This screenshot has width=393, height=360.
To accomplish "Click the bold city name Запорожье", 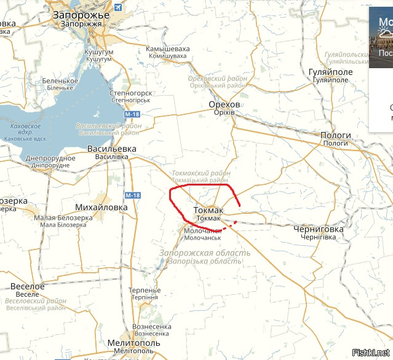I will point(81,14).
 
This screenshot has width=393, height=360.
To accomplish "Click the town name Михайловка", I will point(101,207).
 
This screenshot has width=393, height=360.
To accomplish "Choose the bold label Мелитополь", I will point(133,342).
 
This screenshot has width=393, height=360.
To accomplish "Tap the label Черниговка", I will point(319,229).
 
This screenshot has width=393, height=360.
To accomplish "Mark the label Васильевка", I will point(112,149).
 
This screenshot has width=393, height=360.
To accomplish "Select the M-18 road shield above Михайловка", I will point(133,195).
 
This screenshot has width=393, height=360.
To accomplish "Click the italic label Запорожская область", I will point(204,253).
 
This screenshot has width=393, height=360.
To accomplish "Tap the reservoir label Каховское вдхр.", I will point(22,130).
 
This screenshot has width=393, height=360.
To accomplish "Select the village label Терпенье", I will point(145,290).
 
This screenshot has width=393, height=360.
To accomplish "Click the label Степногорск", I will point(130,93).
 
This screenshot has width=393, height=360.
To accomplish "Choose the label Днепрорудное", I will point(50,158).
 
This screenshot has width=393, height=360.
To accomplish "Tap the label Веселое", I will point(28,286).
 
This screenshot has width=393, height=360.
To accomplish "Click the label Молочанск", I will point(202,231).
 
